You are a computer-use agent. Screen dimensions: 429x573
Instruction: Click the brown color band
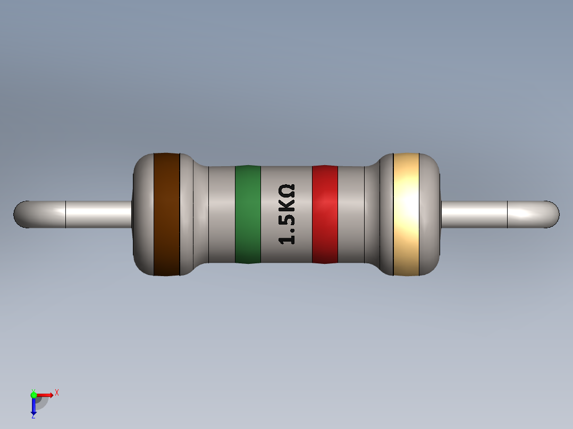point(166,214)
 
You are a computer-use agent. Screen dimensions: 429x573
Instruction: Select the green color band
point(248,214)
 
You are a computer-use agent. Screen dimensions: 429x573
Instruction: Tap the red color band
point(325,214)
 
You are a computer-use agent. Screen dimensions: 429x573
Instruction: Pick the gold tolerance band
point(406,214)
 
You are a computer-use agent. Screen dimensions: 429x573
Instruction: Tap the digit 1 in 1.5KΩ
point(287,238)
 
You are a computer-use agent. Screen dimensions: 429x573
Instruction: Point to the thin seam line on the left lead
point(65,214)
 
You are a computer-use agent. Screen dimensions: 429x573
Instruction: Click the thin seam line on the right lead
point(508,214)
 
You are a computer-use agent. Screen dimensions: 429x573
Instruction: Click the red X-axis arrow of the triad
point(46,394)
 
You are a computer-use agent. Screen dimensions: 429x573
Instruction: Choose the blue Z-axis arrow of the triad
point(33,406)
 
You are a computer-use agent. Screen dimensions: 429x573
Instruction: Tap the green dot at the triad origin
point(33,394)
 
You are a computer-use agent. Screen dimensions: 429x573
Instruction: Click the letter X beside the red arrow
point(57,393)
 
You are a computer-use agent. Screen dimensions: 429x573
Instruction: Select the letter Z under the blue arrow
point(33,417)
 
